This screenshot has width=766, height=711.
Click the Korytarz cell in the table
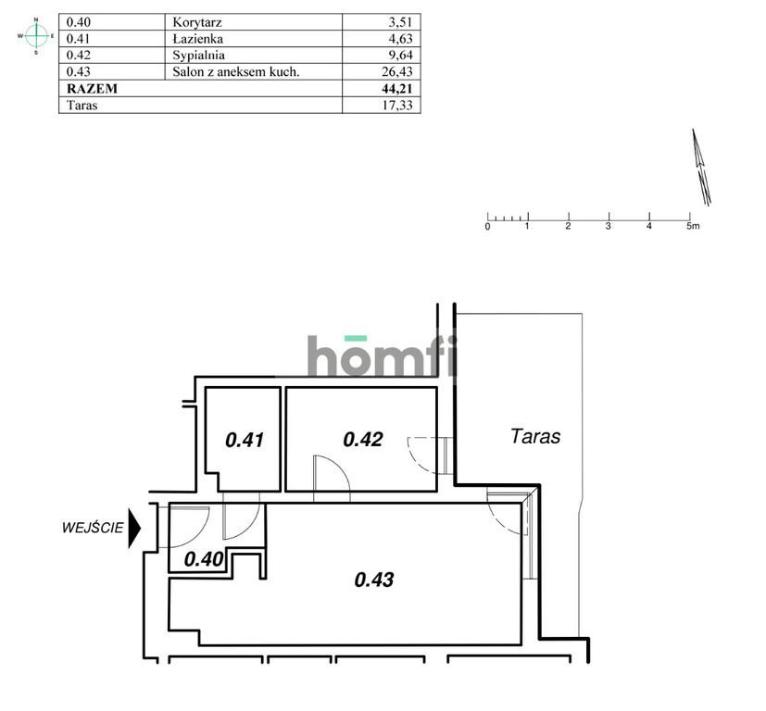tap(197, 22)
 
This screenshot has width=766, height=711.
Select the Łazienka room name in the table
tap(198, 39)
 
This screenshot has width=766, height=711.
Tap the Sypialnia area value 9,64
tap(401, 56)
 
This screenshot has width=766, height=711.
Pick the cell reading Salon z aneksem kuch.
tap(236, 72)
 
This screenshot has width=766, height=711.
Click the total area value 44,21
tap(397, 88)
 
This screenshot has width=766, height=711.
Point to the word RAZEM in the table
tap(92, 88)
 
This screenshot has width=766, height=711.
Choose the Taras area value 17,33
tap(397, 105)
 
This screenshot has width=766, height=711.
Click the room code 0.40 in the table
tap(78, 22)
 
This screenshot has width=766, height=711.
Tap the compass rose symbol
tap(36, 36)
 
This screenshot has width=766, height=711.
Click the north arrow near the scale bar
tap(701, 167)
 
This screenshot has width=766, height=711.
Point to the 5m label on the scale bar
tap(693, 226)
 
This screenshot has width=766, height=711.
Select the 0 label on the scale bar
tap(487, 227)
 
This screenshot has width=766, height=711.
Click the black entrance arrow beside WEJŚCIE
tap(134, 528)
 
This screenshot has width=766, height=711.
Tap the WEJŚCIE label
tap(93, 528)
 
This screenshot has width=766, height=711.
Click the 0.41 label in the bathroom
tap(245, 440)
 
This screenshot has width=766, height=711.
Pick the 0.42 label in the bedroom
tap(363, 440)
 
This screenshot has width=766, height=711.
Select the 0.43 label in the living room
tap(374, 580)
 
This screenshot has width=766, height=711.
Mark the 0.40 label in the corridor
tap(204, 559)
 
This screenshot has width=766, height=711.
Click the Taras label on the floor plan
tap(535, 436)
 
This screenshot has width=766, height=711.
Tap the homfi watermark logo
tap(383, 356)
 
